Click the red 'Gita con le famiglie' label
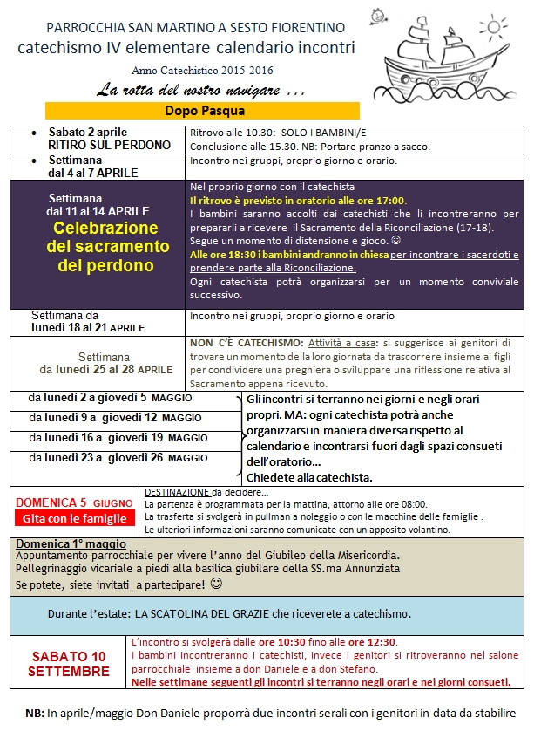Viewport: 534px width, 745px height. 73,519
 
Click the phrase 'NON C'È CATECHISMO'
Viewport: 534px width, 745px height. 247,344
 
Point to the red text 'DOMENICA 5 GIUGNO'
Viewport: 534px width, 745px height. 74,502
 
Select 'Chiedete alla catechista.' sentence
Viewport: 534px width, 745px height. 309,477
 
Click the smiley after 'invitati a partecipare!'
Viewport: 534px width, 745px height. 216,582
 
